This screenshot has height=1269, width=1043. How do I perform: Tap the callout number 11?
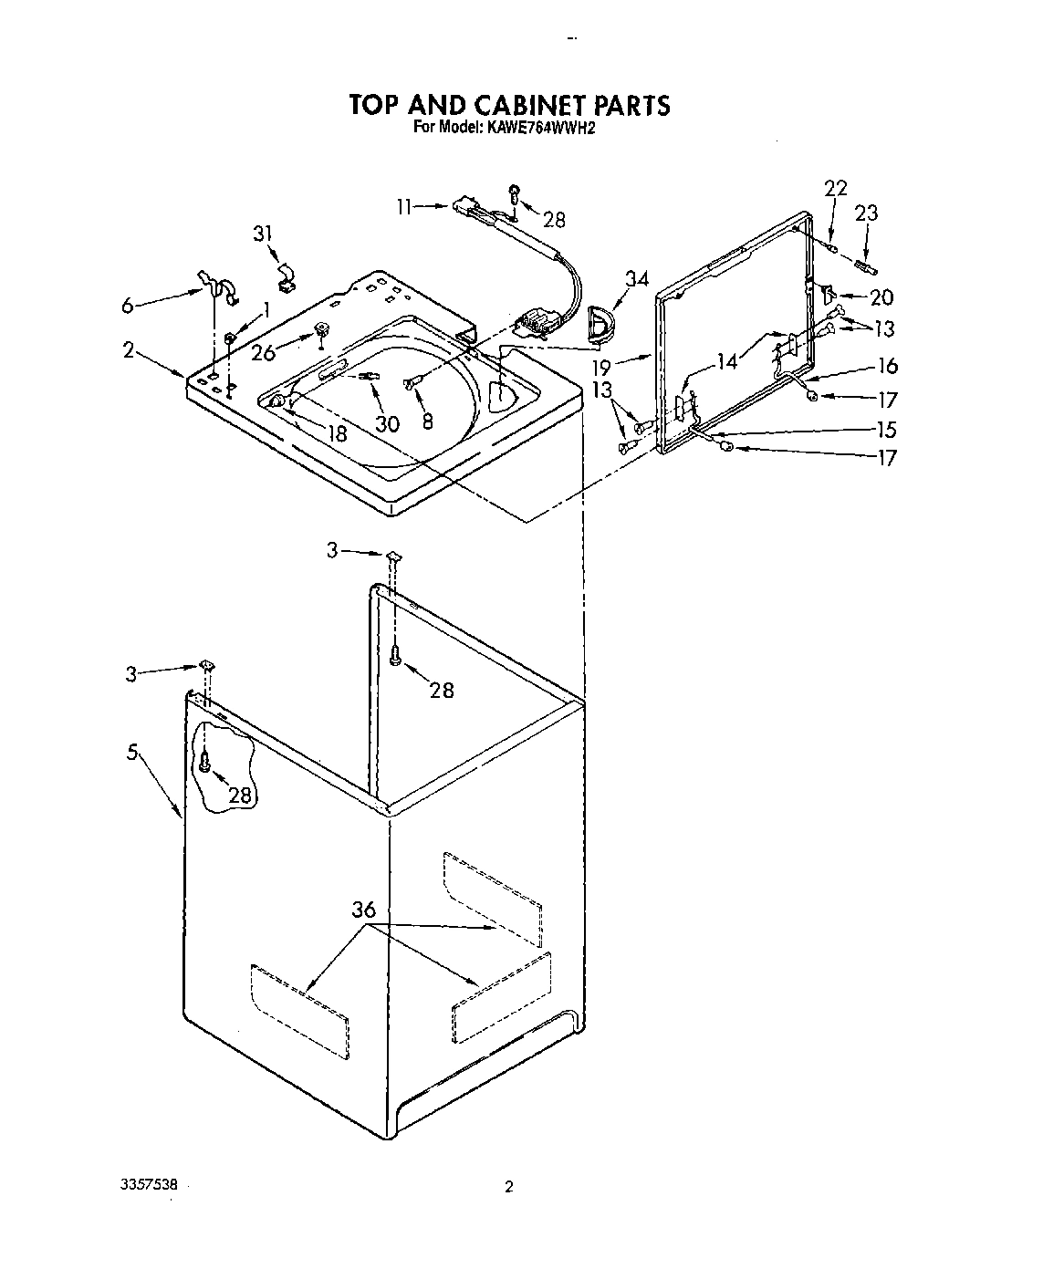tap(405, 207)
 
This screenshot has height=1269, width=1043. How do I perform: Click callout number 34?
tap(638, 279)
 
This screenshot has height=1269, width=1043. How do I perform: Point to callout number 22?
tap(835, 189)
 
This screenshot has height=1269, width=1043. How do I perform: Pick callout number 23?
tap(866, 213)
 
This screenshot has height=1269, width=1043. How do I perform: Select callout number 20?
tap(881, 297)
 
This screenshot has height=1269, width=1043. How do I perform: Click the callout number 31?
tap(264, 234)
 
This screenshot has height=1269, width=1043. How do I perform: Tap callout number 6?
tap(127, 307)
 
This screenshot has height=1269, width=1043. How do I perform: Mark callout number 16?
tap(887, 366)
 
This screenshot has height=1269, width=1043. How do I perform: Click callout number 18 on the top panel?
tap(338, 433)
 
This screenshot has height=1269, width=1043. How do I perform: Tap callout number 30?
tap(388, 423)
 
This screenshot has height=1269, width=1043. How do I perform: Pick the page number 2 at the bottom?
tap(509, 1187)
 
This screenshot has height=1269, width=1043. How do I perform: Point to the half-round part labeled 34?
tap(600, 322)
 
